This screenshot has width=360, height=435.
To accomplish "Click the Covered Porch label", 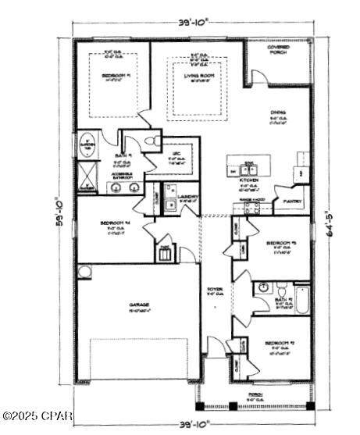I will click(x=278, y=48).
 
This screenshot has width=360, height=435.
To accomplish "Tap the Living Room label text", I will click(x=200, y=77).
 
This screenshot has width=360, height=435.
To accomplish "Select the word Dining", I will click(x=276, y=112).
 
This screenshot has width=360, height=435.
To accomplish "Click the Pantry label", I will click(x=294, y=201).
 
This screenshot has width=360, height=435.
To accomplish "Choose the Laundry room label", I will click(x=187, y=197).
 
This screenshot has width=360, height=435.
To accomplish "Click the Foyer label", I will click(x=214, y=290).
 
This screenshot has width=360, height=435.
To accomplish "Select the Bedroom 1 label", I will click(x=114, y=76).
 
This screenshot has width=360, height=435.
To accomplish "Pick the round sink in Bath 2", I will click(x=263, y=288).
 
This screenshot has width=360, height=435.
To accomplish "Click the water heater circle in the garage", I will click(x=84, y=272).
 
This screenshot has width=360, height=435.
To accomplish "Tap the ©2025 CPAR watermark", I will click(x=37, y=415).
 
